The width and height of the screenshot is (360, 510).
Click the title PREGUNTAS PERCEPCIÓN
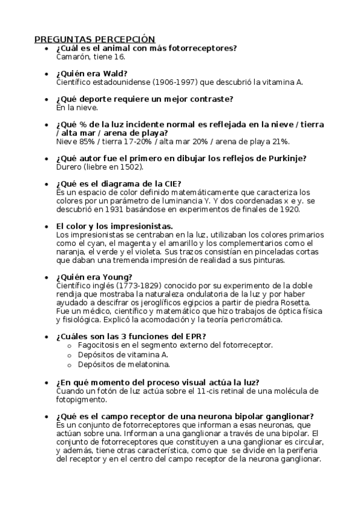coord(94,39)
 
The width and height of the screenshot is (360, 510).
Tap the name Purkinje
coord(285,158)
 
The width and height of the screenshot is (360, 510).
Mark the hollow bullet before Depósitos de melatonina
coord(70,364)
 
